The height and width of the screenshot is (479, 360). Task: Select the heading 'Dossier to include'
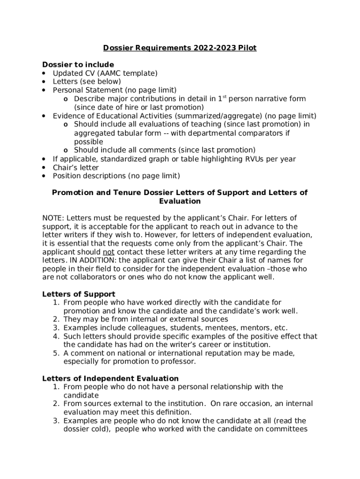[x=78, y=65]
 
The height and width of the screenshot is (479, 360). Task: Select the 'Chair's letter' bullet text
[x=76, y=167]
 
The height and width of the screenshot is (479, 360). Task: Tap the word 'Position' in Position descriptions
[x=67, y=176]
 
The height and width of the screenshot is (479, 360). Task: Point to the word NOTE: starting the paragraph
[x=53, y=218]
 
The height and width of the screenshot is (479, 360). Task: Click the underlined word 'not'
[x=108, y=252]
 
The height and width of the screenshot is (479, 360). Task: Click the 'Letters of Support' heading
[x=79, y=294]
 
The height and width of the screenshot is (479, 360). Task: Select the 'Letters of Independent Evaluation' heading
[x=110, y=378]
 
